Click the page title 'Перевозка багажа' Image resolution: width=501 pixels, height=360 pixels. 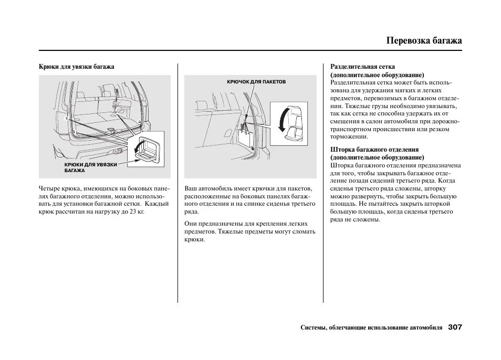pyautogui.click(x=424, y=40)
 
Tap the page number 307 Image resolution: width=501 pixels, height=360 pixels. pyautogui.click(x=455, y=327)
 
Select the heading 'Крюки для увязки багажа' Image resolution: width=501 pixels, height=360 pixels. pyautogui.click(x=77, y=67)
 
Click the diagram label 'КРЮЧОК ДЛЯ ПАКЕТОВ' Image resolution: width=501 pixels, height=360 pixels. pyautogui.click(x=256, y=82)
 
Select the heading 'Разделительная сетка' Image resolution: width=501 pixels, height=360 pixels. pyautogui.click(x=362, y=67)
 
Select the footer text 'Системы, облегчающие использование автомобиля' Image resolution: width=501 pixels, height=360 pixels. pyautogui.click(x=371, y=327)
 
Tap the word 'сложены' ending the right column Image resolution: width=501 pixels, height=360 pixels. pyautogui.click(x=368, y=219)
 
